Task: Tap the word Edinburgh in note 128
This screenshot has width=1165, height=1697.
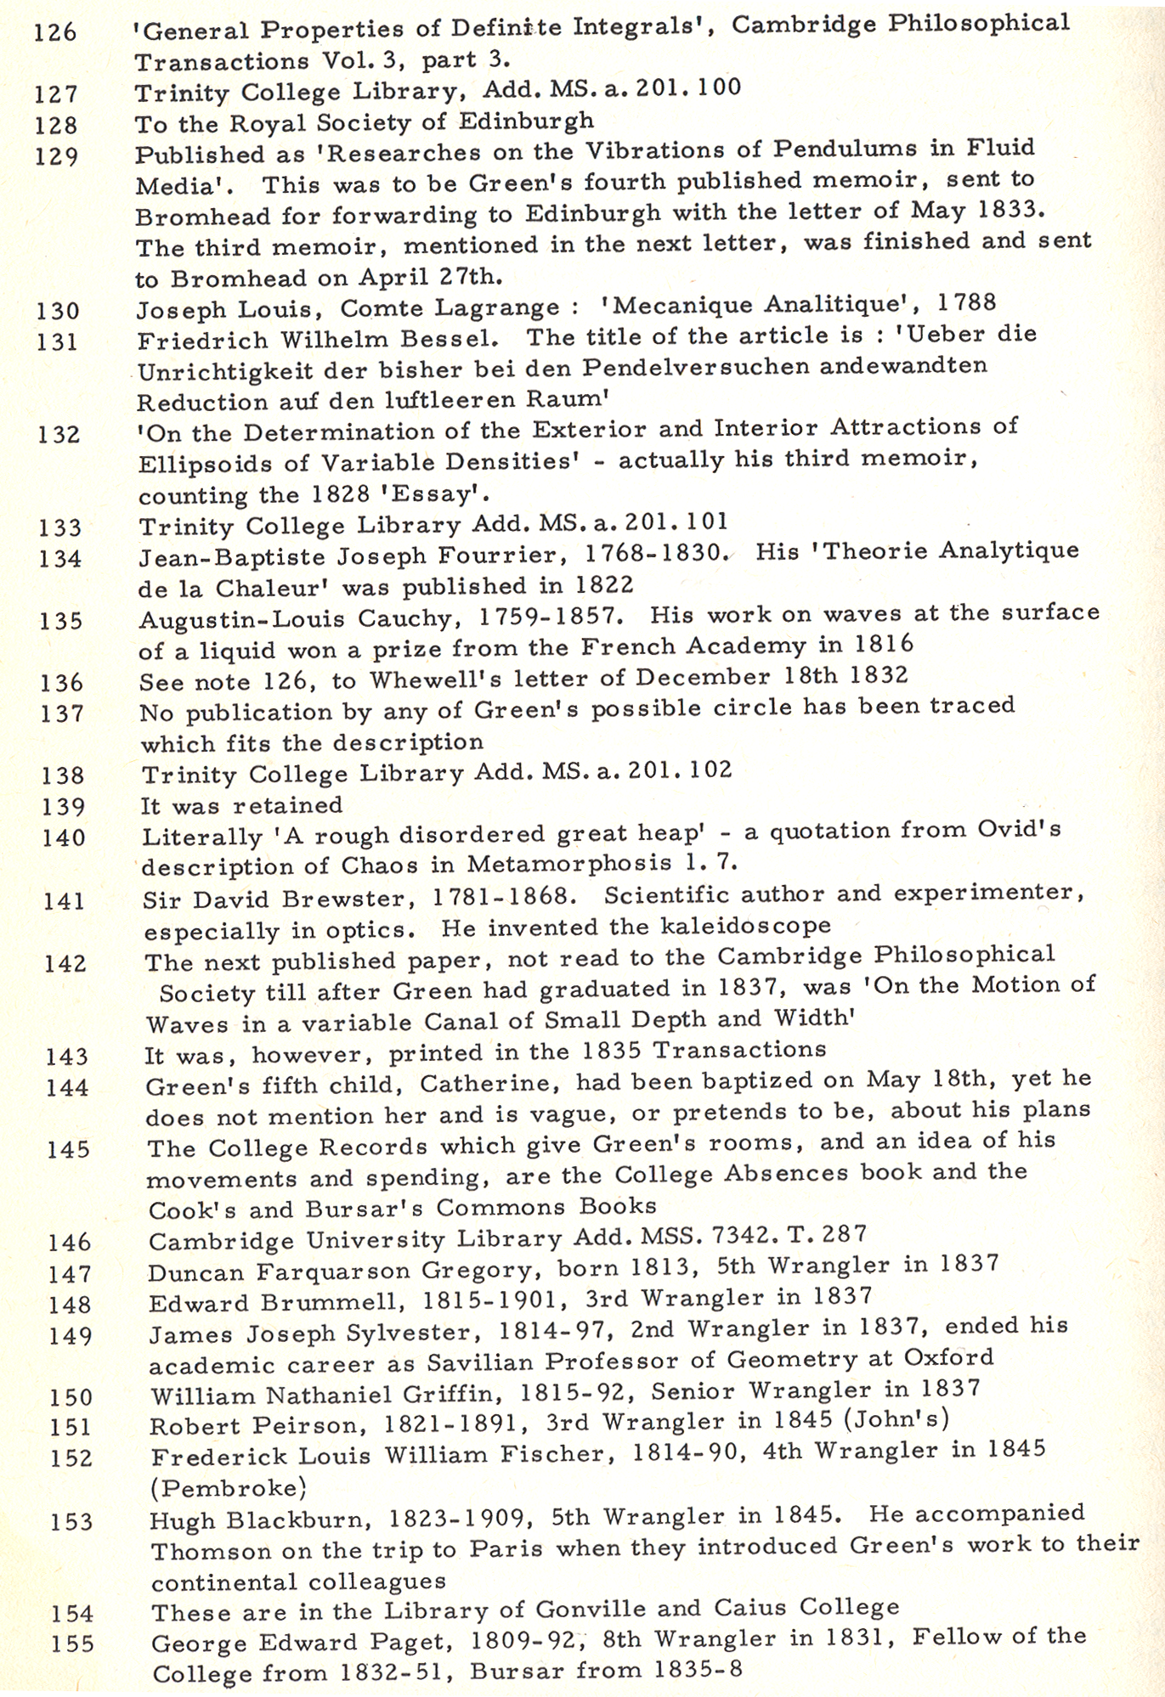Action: (526, 121)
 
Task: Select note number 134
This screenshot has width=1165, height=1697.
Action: (60, 559)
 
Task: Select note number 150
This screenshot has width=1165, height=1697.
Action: (70, 1396)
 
